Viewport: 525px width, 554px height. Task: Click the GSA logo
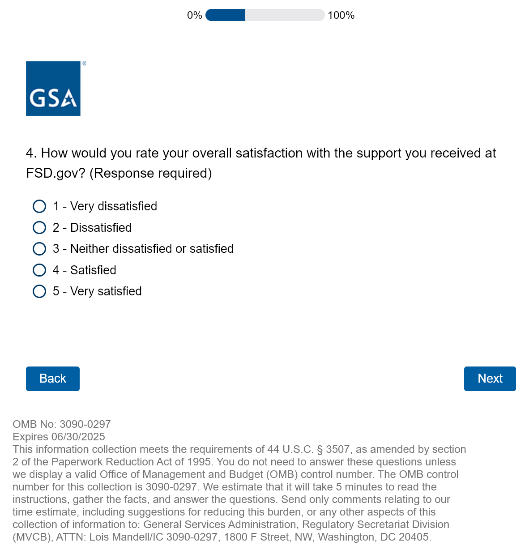tap(53, 89)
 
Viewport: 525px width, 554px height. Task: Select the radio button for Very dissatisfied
tap(39, 206)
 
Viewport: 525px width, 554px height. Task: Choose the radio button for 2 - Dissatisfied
tap(39, 228)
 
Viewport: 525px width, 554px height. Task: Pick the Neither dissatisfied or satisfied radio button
tap(39, 249)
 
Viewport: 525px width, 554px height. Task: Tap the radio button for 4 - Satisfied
tap(39, 270)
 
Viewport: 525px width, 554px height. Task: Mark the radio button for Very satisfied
tap(39, 291)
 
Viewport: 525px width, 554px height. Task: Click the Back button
tap(53, 379)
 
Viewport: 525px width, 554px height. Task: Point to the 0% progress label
tap(195, 15)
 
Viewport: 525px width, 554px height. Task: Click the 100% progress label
tap(341, 15)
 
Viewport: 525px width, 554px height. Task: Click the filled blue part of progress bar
tap(225, 15)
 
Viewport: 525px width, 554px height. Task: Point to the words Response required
tap(151, 173)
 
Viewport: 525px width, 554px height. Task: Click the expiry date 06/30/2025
tap(78, 437)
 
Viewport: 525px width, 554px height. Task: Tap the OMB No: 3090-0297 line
tap(62, 424)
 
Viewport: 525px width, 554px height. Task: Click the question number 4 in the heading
tap(30, 153)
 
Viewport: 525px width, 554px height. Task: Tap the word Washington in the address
tap(345, 537)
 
